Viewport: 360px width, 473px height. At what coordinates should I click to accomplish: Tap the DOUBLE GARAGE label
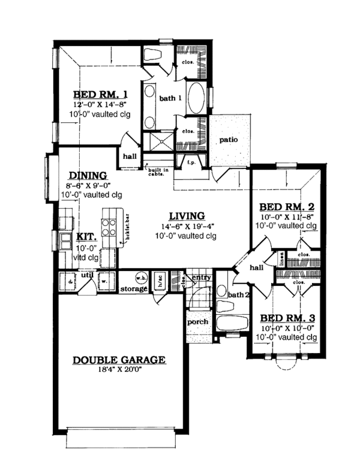119,360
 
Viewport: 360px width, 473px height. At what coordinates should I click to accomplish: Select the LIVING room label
187,216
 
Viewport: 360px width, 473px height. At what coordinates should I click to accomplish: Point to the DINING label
88,175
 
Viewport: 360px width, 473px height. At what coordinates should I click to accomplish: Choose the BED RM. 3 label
287,318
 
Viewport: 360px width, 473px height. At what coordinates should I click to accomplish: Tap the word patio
228,140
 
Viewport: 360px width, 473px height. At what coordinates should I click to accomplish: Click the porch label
197,322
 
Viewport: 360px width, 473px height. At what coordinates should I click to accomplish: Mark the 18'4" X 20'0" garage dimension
119,370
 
